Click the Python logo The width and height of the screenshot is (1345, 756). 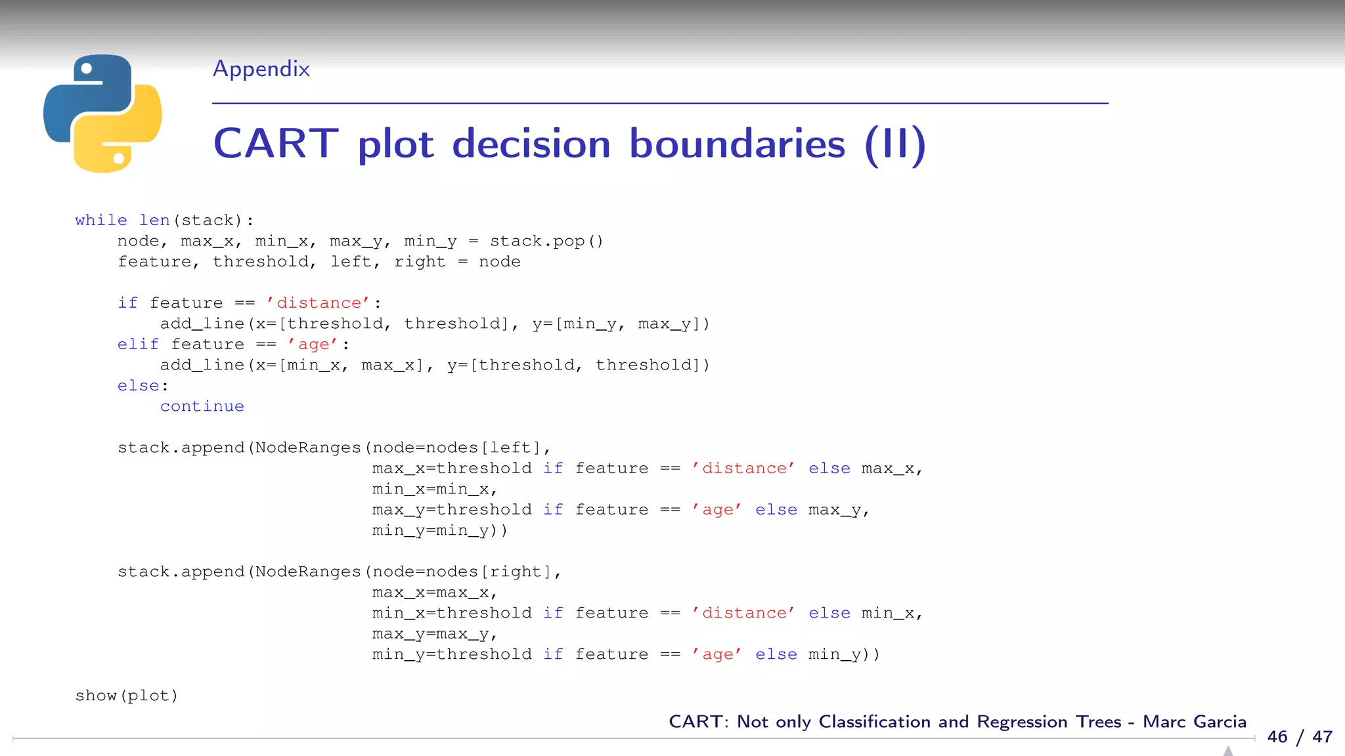102,114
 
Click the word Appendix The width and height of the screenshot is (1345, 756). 261,69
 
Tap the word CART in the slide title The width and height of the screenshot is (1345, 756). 276,144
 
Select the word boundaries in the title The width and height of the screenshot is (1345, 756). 737,144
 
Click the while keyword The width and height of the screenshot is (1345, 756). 101,220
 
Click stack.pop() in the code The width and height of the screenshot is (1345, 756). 546,241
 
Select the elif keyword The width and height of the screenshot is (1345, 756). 138,345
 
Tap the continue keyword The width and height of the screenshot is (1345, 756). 202,407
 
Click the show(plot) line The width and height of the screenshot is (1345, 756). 127,696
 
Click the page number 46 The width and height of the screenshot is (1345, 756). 1277,737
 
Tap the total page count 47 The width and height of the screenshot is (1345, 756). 1322,737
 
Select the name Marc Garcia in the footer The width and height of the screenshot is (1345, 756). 1194,722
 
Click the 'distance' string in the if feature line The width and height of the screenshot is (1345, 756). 319,303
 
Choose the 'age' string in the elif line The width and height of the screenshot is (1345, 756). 313,345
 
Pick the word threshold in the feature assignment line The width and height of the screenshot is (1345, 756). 260,262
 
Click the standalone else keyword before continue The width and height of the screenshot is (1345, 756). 138,386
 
